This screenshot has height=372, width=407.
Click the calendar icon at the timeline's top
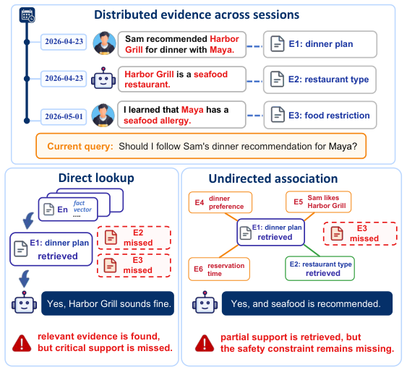(x=27, y=15)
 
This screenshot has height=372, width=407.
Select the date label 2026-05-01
(x=64, y=117)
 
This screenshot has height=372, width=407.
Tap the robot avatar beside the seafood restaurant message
(x=103, y=78)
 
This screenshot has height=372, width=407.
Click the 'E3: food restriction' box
(x=320, y=115)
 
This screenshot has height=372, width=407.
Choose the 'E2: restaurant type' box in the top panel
(x=320, y=79)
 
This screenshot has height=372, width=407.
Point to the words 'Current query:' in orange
(x=80, y=147)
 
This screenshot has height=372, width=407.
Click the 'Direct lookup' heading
(x=96, y=178)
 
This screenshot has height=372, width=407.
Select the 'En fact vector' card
(x=68, y=209)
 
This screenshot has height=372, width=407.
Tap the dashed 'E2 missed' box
(x=134, y=238)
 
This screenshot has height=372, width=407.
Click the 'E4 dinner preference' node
(x=220, y=202)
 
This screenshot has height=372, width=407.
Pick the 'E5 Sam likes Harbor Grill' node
(x=319, y=202)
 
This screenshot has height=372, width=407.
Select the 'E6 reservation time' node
(x=219, y=269)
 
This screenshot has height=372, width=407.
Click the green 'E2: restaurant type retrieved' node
(x=320, y=269)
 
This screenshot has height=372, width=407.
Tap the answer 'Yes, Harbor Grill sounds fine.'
(x=108, y=303)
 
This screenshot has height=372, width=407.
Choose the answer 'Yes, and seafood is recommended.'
(x=307, y=303)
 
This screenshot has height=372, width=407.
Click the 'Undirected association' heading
(x=273, y=178)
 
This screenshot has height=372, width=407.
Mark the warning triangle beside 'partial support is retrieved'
(x=205, y=343)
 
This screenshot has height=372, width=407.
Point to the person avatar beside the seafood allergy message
(x=103, y=116)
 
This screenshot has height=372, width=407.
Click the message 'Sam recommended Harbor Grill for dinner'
(x=182, y=44)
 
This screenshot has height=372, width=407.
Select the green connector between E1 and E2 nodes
(x=312, y=251)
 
